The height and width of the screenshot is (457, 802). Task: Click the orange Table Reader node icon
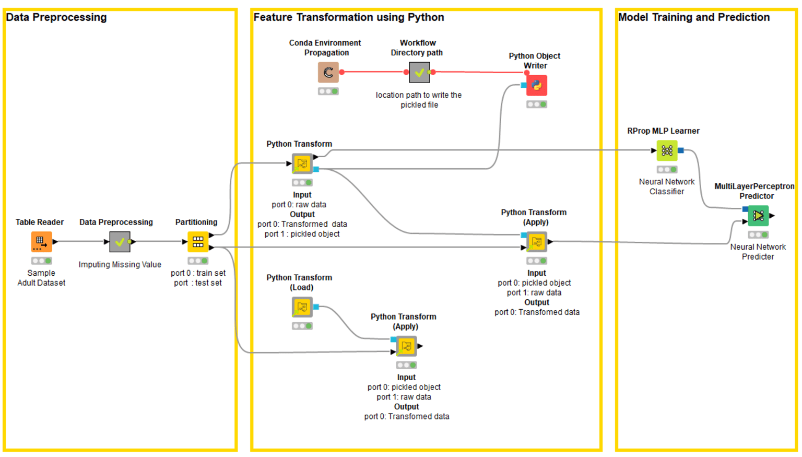(x=42, y=242)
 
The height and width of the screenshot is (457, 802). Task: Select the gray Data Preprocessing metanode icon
(x=120, y=242)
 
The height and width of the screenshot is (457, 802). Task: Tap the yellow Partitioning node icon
(x=198, y=242)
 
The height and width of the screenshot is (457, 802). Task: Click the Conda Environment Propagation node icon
(x=328, y=73)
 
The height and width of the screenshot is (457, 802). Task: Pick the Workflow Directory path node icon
(x=419, y=73)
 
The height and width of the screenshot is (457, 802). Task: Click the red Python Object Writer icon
(x=537, y=85)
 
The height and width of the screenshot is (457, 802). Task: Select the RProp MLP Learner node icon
(x=667, y=150)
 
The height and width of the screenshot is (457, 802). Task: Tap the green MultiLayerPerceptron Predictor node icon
(x=758, y=216)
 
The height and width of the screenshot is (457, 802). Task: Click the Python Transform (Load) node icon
(x=302, y=307)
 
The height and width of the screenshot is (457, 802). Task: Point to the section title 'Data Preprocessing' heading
(x=56, y=17)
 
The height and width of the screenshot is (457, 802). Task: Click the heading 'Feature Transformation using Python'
(x=349, y=17)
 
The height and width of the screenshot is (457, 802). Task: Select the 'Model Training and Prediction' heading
(x=694, y=17)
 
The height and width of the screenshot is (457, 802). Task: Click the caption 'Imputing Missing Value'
(x=120, y=264)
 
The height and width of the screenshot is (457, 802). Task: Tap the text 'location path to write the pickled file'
(x=419, y=100)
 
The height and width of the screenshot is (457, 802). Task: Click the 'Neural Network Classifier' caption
(x=667, y=186)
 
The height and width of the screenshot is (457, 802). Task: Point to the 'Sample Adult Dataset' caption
(x=42, y=277)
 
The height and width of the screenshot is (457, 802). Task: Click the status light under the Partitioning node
(x=198, y=261)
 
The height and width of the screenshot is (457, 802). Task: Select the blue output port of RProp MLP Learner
(x=681, y=150)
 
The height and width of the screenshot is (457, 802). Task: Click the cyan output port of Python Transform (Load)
(x=316, y=307)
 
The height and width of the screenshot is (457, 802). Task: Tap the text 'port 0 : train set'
(x=198, y=273)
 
